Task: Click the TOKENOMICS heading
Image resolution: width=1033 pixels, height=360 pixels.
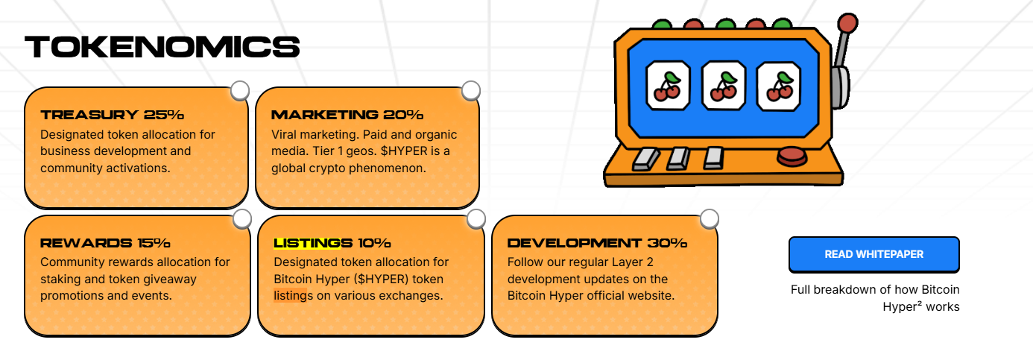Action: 162,46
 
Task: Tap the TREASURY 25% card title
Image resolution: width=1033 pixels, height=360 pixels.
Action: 112,114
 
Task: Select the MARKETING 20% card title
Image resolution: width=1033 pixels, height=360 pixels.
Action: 347,114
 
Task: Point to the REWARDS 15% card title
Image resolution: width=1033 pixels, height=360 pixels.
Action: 105,242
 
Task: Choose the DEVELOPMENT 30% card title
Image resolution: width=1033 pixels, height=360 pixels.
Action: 597,242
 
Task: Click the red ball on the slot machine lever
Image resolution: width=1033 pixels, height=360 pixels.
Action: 847,22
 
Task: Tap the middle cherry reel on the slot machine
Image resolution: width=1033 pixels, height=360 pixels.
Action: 723,86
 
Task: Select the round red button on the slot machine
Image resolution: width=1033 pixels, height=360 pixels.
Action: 792,157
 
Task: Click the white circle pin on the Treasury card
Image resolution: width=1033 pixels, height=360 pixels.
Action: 240,91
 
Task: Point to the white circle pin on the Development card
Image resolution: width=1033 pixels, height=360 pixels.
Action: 710,219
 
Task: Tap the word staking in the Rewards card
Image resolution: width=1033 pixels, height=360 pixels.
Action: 60,280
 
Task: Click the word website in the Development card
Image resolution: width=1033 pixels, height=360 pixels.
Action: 653,295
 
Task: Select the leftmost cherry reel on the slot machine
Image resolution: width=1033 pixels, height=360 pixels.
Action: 668,86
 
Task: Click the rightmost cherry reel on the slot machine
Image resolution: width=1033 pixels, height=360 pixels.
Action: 779,86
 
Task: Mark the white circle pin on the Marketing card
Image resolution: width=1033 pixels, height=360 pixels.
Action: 471,91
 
